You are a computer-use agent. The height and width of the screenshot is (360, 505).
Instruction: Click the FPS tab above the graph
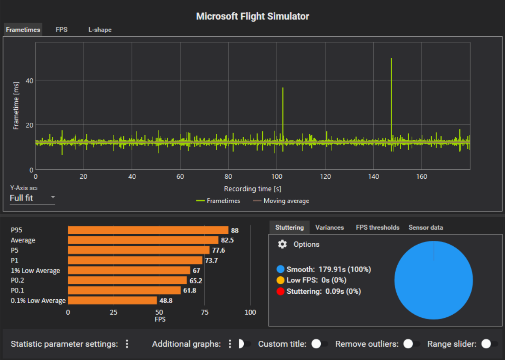(x=62, y=30)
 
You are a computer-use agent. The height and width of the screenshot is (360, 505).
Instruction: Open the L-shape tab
(x=100, y=30)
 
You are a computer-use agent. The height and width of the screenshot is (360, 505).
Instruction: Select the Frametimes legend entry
(x=219, y=201)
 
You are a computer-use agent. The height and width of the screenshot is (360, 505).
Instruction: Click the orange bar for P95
(x=148, y=230)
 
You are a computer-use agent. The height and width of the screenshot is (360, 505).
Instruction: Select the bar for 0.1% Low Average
(x=112, y=300)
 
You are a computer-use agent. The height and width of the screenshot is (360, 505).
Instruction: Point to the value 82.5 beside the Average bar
(x=227, y=240)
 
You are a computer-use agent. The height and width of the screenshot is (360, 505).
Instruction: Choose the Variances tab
(x=329, y=227)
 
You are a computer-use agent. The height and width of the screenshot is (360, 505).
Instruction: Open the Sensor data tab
(x=425, y=227)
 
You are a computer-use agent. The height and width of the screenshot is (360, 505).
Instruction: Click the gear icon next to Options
(x=282, y=244)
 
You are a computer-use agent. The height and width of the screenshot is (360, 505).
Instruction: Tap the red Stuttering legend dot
(x=281, y=292)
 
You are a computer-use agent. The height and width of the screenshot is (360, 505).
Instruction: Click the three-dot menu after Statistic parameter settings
(x=127, y=344)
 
